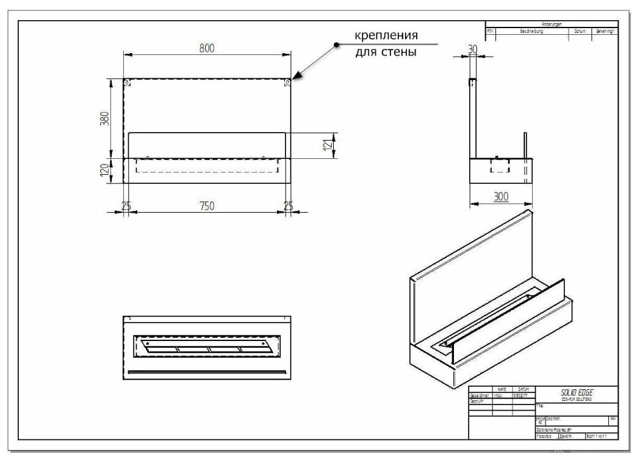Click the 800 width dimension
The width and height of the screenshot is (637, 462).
click(207, 49)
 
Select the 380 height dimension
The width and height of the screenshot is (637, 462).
click(104, 117)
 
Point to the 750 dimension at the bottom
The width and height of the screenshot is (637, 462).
click(207, 206)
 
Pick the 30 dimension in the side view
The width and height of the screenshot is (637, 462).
click(472, 49)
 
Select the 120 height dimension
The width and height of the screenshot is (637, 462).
click(104, 170)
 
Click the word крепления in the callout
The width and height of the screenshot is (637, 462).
click(386, 35)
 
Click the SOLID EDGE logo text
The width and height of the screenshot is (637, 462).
click(577, 392)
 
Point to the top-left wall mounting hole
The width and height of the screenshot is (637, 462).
click(128, 82)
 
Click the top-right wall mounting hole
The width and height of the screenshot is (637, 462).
click(287, 82)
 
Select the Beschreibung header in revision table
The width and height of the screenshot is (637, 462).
click(531, 31)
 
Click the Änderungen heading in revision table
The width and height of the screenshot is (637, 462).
click(551, 24)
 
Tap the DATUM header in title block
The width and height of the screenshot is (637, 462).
click(523, 389)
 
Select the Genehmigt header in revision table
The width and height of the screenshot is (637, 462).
click(605, 31)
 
